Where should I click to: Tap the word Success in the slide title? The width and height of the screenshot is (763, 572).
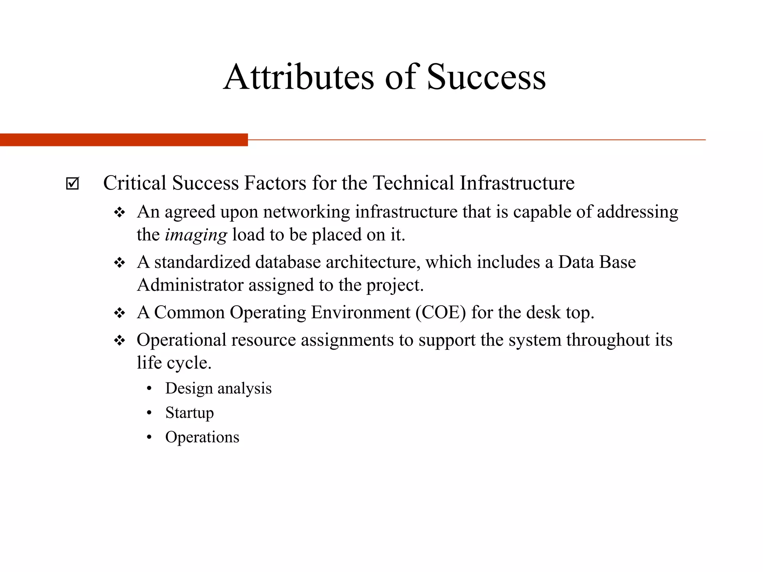(486, 77)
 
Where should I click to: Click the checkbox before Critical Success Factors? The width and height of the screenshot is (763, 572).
(72, 183)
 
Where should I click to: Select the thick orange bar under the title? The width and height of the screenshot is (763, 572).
(124, 140)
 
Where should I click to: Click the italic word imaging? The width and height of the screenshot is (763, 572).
(196, 235)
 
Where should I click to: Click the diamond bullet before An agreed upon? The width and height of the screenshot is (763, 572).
(120, 213)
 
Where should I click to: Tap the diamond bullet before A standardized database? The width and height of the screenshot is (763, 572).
(120, 263)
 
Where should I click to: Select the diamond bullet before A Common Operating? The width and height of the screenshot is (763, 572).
(120, 313)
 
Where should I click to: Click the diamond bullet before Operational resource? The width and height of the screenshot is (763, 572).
(120, 340)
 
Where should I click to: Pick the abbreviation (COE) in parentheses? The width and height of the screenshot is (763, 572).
(441, 312)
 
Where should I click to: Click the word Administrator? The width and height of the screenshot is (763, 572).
(190, 285)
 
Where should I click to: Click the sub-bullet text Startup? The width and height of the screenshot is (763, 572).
(190, 413)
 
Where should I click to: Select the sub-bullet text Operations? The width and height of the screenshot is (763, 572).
(202, 437)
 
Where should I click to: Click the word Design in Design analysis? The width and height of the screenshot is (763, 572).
(189, 388)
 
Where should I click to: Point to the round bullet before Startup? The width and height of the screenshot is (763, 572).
(149, 413)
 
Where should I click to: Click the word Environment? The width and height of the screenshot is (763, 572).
(361, 312)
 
